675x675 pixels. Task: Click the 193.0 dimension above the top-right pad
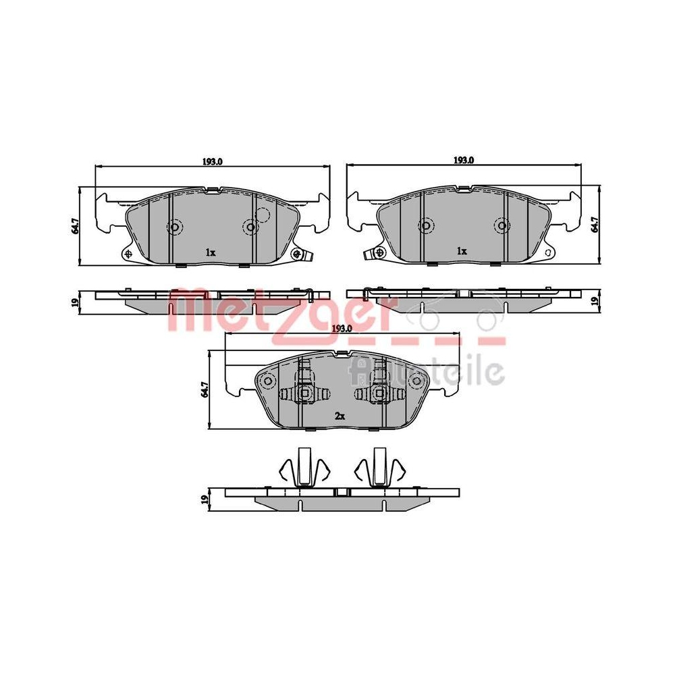pyautogui.click(x=464, y=161)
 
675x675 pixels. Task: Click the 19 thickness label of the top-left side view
pyautogui.click(x=74, y=302)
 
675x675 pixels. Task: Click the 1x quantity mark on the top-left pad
pyautogui.click(x=210, y=252)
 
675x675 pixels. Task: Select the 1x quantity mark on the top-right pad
pyautogui.click(x=462, y=250)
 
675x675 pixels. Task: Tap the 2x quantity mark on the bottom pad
pyautogui.click(x=340, y=416)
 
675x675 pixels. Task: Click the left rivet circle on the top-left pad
pyautogui.click(x=175, y=227)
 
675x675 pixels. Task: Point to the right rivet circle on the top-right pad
pyautogui.click(x=502, y=225)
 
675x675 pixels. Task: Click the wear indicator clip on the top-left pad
pyautogui.click(x=298, y=254)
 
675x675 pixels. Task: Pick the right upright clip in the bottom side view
pyautogui.click(x=379, y=467)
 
